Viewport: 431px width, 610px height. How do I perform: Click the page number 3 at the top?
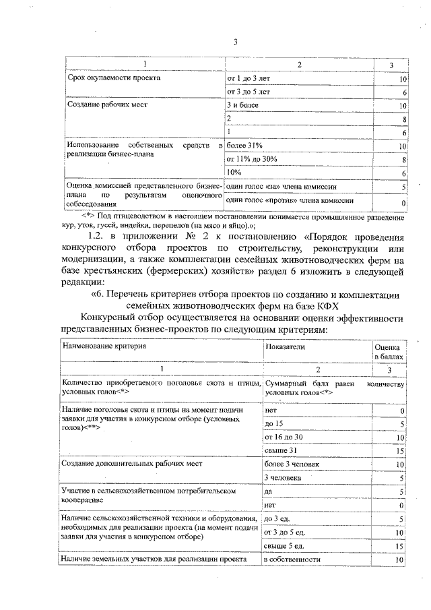[236, 42]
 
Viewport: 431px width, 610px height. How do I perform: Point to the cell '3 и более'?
[242, 106]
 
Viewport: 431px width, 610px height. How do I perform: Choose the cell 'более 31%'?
[244, 146]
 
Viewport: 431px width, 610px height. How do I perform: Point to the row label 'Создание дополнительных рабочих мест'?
[131, 464]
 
